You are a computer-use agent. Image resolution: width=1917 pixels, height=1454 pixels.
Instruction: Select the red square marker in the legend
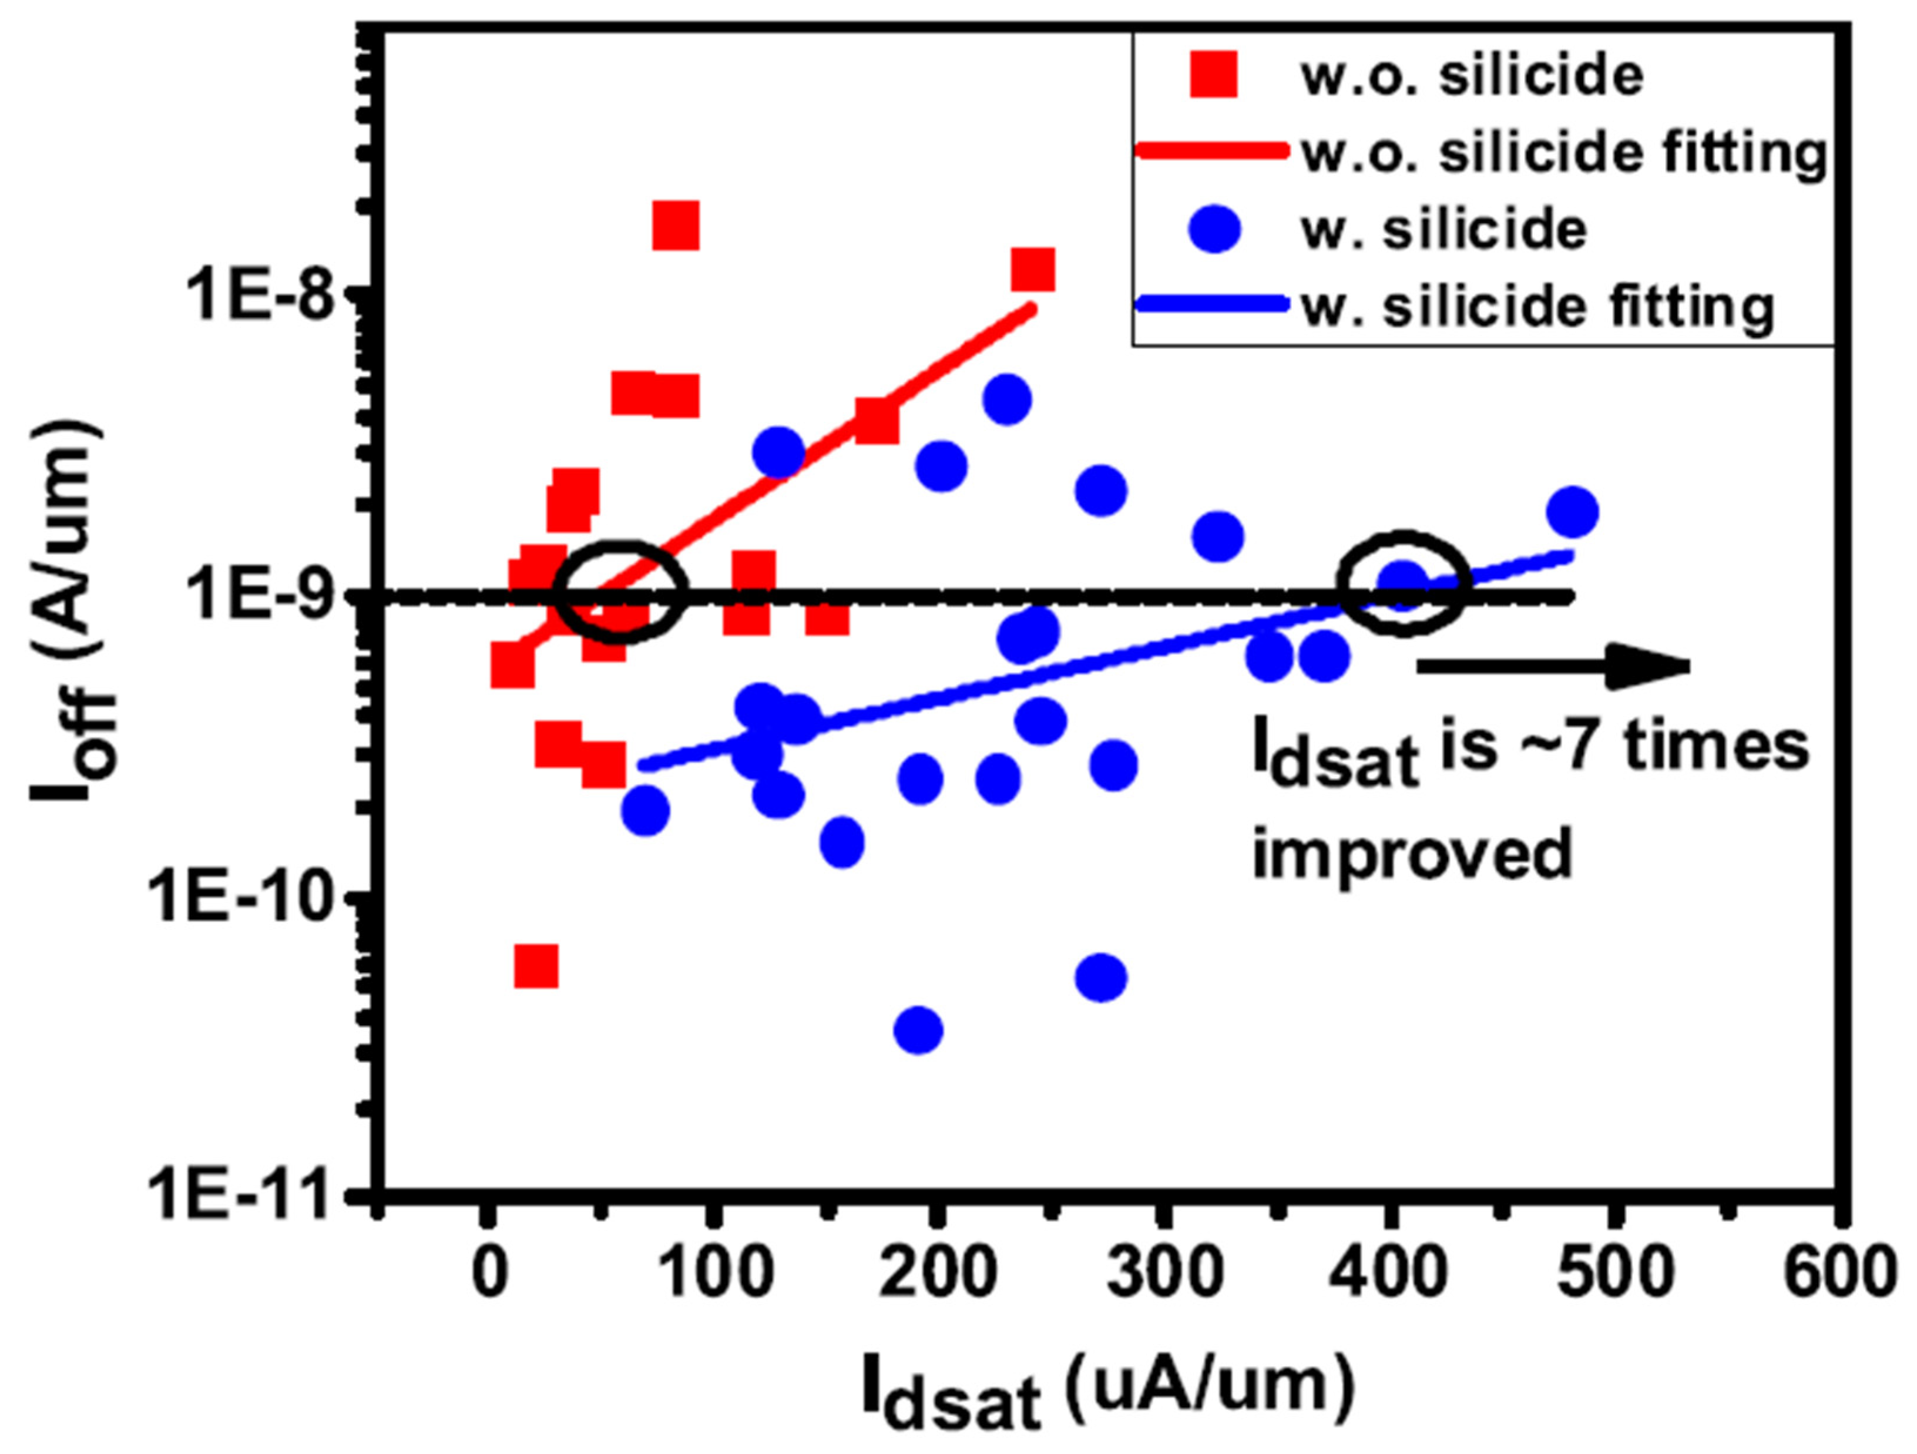click(1213, 75)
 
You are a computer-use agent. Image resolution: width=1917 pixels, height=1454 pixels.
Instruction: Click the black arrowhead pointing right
click(1647, 666)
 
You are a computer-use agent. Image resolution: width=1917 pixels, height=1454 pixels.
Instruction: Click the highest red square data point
click(676, 227)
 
